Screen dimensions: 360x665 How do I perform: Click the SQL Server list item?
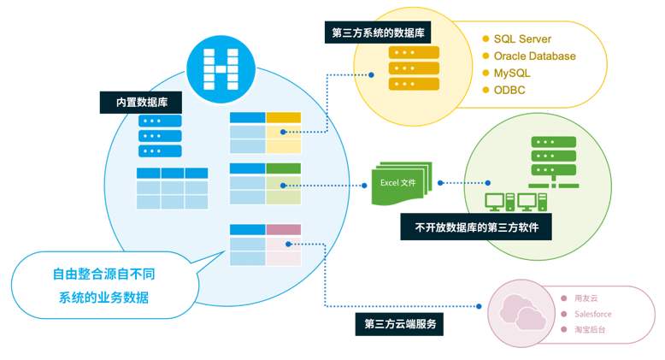[522, 39]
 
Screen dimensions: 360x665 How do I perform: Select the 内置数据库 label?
[141, 102]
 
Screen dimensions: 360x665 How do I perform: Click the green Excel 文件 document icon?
[398, 183]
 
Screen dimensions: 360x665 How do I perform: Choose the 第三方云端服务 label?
[399, 324]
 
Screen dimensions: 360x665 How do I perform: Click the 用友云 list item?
[587, 298]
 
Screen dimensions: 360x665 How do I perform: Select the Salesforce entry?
[593, 314]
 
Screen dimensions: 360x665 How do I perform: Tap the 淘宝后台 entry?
[590, 329]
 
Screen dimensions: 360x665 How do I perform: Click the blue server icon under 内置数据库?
[161, 136]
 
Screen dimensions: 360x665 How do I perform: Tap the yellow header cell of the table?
[283, 118]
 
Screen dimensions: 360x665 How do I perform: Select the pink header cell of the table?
[283, 229]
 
